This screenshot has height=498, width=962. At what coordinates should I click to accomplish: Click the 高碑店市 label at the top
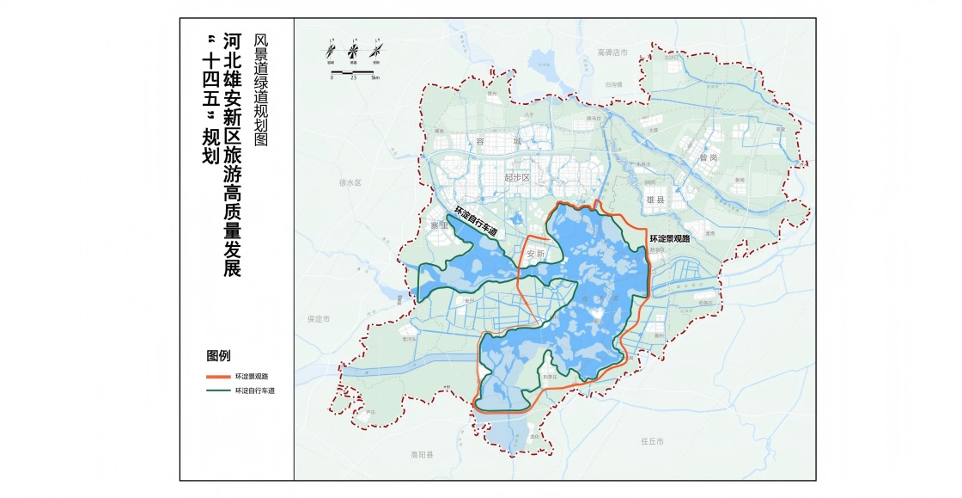(x=613, y=53)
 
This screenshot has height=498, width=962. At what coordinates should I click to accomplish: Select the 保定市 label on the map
(x=319, y=318)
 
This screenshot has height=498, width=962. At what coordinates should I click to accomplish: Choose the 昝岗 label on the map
(x=708, y=158)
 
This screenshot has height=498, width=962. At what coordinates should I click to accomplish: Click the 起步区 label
(x=519, y=177)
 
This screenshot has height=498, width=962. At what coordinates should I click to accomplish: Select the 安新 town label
(x=536, y=255)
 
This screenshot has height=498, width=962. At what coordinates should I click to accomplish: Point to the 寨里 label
(x=438, y=225)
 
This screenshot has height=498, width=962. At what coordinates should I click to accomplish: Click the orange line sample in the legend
(x=218, y=377)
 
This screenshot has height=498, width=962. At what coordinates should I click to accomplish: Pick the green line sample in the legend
(x=218, y=390)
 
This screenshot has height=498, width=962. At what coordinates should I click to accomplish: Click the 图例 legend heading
(x=218, y=356)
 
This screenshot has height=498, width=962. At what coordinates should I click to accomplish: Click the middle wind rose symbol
(x=352, y=51)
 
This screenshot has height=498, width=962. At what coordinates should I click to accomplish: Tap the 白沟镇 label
(x=612, y=85)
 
